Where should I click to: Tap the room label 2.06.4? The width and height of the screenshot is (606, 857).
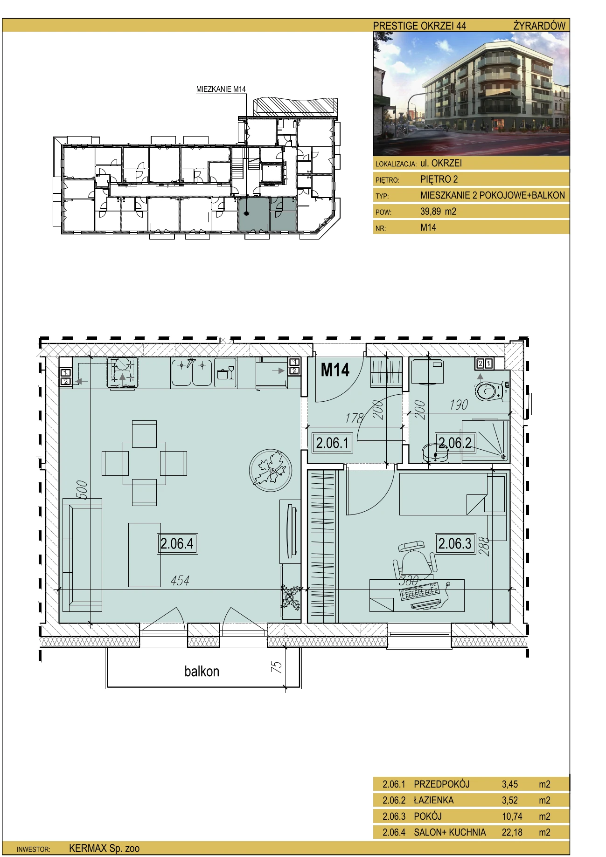click(177, 543)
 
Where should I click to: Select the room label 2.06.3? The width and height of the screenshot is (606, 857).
click(455, 543)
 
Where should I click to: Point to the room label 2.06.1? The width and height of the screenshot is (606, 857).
click(332, 443)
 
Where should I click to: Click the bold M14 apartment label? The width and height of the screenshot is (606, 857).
click(335, 370)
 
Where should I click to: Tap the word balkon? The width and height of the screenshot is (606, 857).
click(202, 671)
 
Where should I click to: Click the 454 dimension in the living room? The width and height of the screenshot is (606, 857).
click(180, 581)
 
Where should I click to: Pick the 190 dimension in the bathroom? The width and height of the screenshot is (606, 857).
click(459, 405)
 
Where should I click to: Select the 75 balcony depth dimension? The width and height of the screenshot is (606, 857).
click(277, 666)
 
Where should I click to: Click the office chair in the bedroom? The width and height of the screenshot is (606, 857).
click(414, 559)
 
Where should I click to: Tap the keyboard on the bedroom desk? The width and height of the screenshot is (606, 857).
click(420, 592)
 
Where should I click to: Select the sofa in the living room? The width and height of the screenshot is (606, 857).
click(82, 555)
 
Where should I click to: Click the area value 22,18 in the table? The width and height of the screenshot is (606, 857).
click(512, 832)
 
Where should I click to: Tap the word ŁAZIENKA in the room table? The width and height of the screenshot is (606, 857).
click(433, 800)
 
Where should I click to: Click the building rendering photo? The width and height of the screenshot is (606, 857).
click(471, 94)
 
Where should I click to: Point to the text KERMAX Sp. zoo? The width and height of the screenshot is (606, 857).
click(104, 848)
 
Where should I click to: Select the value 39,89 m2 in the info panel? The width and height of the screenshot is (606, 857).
click(438, 212)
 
